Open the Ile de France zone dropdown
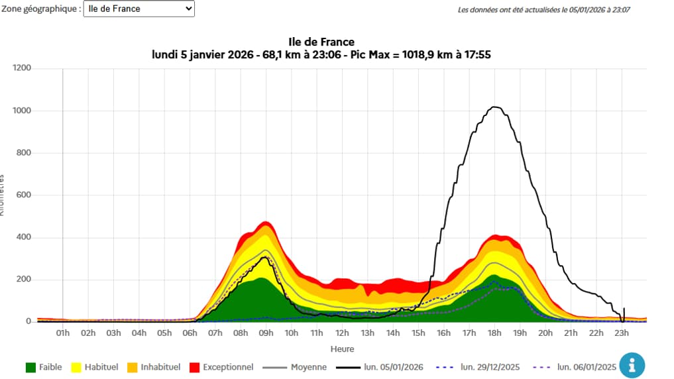(139, 9)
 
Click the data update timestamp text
(545, 10)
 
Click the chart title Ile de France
(321, 42)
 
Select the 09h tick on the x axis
(266, 333)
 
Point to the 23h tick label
(621, 333)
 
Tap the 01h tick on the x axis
(63, 333)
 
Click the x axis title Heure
(342, 349)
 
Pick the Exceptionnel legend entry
(220, 366)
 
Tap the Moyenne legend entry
(295, 366)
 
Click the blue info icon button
(632, 365)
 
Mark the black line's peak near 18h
(494, 107)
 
